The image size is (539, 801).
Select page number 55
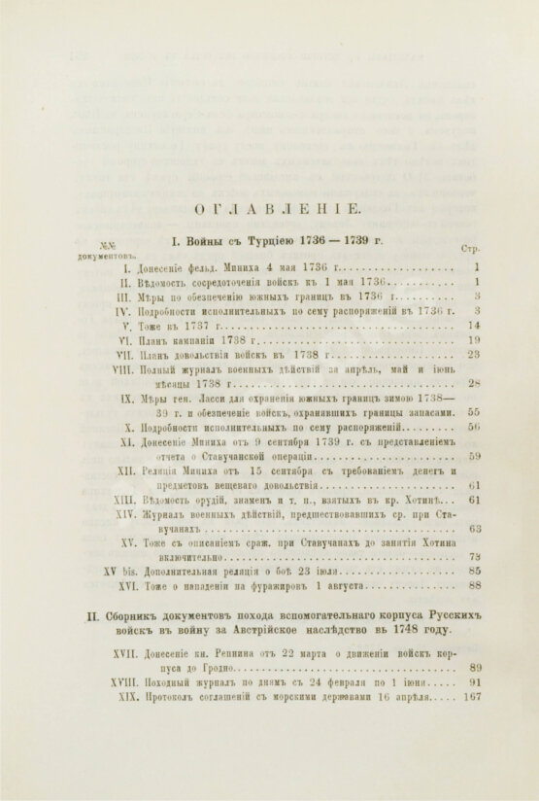pyautogui.click(x=475, y=412)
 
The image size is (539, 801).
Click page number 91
pyautogui.click(x=475, y=709)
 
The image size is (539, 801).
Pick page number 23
pyautogui.click(x=475, y=355)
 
